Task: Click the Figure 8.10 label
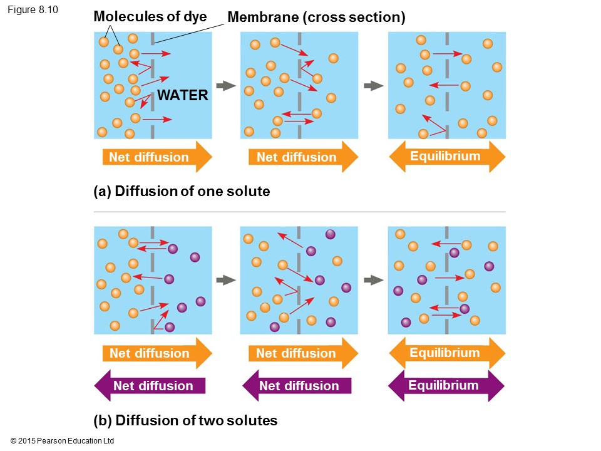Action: (x=33, y=9)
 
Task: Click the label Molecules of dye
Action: (x=150, y=16)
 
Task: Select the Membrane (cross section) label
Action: (x=316, y=18)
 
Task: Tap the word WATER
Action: (x=182, y=96)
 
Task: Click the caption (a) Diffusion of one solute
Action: (x=182, y=192)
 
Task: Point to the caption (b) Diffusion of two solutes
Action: (x=185, y=420)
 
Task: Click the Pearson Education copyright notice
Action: (x=63, y=442)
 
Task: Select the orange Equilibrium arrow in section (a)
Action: (x=446, y=157)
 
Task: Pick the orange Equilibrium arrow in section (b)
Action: (x=446, y=353)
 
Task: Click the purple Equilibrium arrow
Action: (x=445, y=385)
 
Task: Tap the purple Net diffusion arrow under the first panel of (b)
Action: (x=150, y=386)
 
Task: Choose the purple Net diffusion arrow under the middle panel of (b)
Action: (x=297, y=386)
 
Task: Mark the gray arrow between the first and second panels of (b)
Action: (x=225, y=280)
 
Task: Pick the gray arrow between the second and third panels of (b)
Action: (x=373, y=280)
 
